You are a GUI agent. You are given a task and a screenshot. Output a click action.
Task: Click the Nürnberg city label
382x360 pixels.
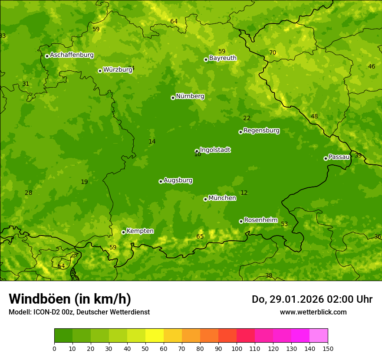point(190,96)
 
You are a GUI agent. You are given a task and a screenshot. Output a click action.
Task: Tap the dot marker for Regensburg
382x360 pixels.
point(240,132)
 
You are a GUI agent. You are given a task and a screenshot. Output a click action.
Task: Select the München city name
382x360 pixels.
point(222,198)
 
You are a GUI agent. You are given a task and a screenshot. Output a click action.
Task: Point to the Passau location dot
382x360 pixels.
point(326,158)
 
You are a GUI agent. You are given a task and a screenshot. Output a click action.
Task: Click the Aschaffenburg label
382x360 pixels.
point(72,55)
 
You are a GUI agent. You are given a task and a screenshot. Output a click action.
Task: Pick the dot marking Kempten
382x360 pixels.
point(123,232)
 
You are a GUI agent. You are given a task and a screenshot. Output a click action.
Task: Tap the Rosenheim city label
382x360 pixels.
point(260,220)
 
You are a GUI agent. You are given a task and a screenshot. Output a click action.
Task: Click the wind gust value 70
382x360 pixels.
point(273,53)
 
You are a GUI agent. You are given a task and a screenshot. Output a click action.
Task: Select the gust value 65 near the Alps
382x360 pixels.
point(200,237)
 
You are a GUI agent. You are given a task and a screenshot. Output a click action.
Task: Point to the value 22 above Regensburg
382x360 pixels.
point(247,118)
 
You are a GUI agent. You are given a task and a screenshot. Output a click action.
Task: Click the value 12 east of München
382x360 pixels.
point(244,193)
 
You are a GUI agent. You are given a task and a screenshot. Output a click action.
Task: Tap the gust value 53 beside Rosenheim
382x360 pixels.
point(284,224)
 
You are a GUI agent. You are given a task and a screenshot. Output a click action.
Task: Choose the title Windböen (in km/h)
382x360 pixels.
point(70,299)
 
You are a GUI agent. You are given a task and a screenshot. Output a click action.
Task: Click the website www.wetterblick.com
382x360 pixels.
point(313,312)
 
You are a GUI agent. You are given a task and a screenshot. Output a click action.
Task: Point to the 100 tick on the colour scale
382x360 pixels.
point(237,348)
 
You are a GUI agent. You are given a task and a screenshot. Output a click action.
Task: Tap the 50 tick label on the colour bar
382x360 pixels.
point(145,348)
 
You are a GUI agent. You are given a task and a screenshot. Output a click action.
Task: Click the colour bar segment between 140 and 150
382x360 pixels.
point(319,336)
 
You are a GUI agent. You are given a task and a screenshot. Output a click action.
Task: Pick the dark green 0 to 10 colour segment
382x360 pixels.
point(63,336)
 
